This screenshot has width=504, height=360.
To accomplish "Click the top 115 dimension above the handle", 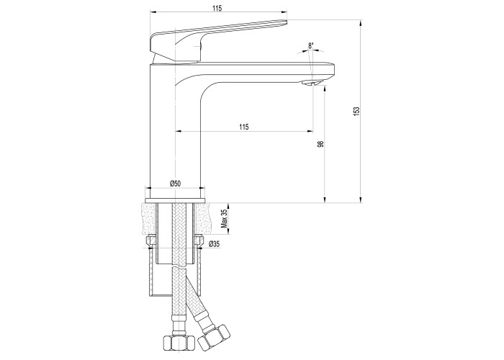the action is tap(217, 9).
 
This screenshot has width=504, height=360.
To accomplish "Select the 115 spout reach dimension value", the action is tap(244, 127).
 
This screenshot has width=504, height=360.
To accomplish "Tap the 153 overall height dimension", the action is tap(356, 111).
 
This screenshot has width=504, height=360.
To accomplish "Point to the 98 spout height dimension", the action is tap(320, 144).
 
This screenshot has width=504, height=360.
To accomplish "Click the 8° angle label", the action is tap(310, 45).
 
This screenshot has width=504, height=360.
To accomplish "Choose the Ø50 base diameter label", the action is tap(175, 184).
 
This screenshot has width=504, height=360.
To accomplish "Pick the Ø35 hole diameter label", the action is tap(214, 244).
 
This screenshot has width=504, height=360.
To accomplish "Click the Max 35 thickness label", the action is tap(225, 219).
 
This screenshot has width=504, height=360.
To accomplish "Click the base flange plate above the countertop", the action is tap(175, 201).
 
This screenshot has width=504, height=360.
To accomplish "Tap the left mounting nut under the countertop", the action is tap(151, 241).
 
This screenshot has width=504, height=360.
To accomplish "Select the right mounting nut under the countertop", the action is tap(199, 241).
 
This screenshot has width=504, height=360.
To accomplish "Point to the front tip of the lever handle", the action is tap(286, 22).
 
